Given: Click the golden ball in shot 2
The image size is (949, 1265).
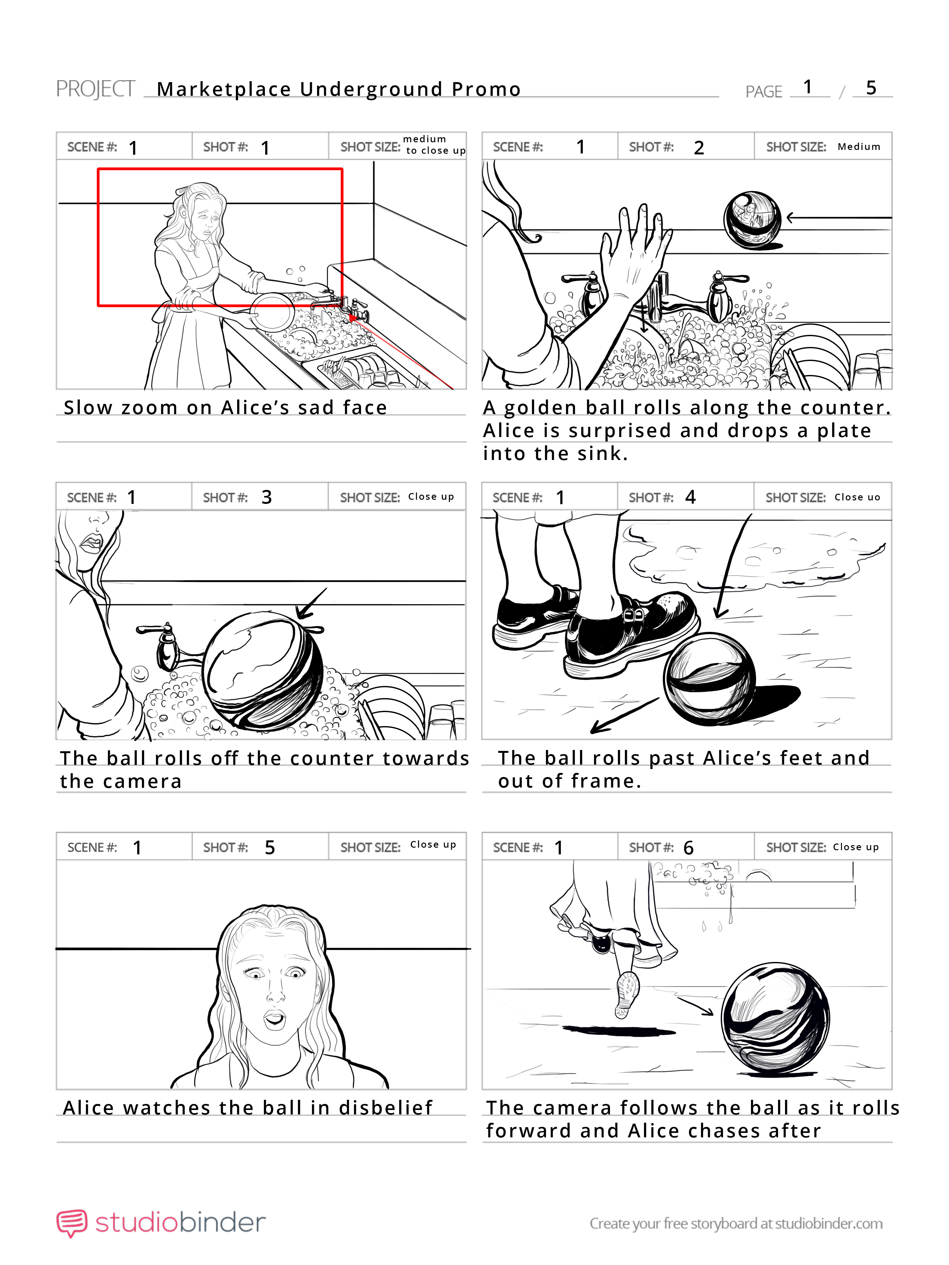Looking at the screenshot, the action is click(752, 220).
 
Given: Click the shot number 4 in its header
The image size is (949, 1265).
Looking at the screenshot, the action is click(691, 497).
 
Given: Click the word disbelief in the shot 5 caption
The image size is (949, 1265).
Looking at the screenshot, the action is click(386, 1108).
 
